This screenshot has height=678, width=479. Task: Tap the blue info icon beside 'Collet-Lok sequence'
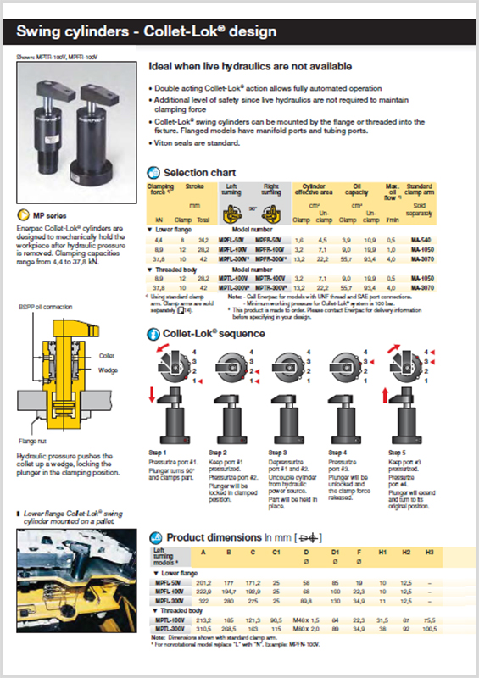[153, 334]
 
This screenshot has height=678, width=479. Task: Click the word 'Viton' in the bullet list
[163, 143]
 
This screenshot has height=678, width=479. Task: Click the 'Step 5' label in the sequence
[397, 452]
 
